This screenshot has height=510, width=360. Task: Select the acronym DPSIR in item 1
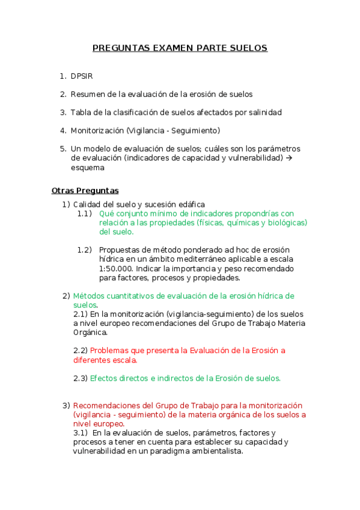pyautogui.click(x=82, y=76)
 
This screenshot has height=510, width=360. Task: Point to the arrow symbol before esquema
pyautogui.click(x=288, y=158)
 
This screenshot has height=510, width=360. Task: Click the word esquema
pyautogui.click(x=87, y=168)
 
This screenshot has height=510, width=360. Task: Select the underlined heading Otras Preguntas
pyautogui.click(x=85, y=191)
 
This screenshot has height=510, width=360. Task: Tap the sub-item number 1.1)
pyautogui.click(x=84, y=214)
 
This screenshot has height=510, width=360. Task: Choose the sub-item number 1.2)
pyautogui.click(x=84, y=250)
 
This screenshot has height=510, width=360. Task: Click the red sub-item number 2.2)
pyautogui.click(x=81, y=350)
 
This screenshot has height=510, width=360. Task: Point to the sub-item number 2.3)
pyautogui.click(x=81, y=378)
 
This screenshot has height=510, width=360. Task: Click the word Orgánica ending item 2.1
pyautogui.click(x=90, y=332)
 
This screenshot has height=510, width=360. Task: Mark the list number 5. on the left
pyautogui.click(x=63, y=149)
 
